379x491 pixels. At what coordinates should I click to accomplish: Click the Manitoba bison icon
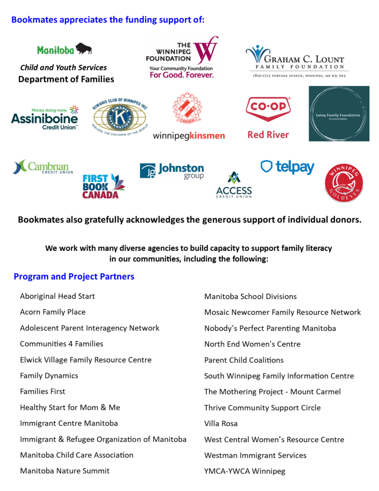pos(84,48)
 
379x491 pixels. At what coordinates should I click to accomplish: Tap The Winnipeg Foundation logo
pos(182,58)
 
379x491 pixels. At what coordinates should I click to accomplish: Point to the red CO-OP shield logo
pos(268,109)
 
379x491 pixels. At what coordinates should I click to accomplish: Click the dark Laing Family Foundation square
pos(339,114)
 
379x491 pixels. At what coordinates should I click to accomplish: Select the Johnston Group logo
pos(172,171)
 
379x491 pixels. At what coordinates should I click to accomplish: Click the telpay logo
pos(287,167)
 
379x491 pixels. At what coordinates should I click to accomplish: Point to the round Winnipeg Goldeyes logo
pos(344,183)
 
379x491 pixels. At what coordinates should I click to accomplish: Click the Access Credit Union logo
pos(233,185)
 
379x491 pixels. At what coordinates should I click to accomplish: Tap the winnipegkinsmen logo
pos(189,117)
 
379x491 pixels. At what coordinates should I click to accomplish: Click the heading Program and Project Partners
pos(74,277)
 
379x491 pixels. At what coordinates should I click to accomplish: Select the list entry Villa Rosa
pos(221,423)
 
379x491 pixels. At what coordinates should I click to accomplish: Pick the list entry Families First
pos(43,391)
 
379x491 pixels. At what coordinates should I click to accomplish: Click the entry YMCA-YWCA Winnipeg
pos(244,471)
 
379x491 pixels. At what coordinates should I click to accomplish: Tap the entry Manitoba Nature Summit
pos(65,471)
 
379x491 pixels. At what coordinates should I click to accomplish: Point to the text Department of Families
pos(66,79)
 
